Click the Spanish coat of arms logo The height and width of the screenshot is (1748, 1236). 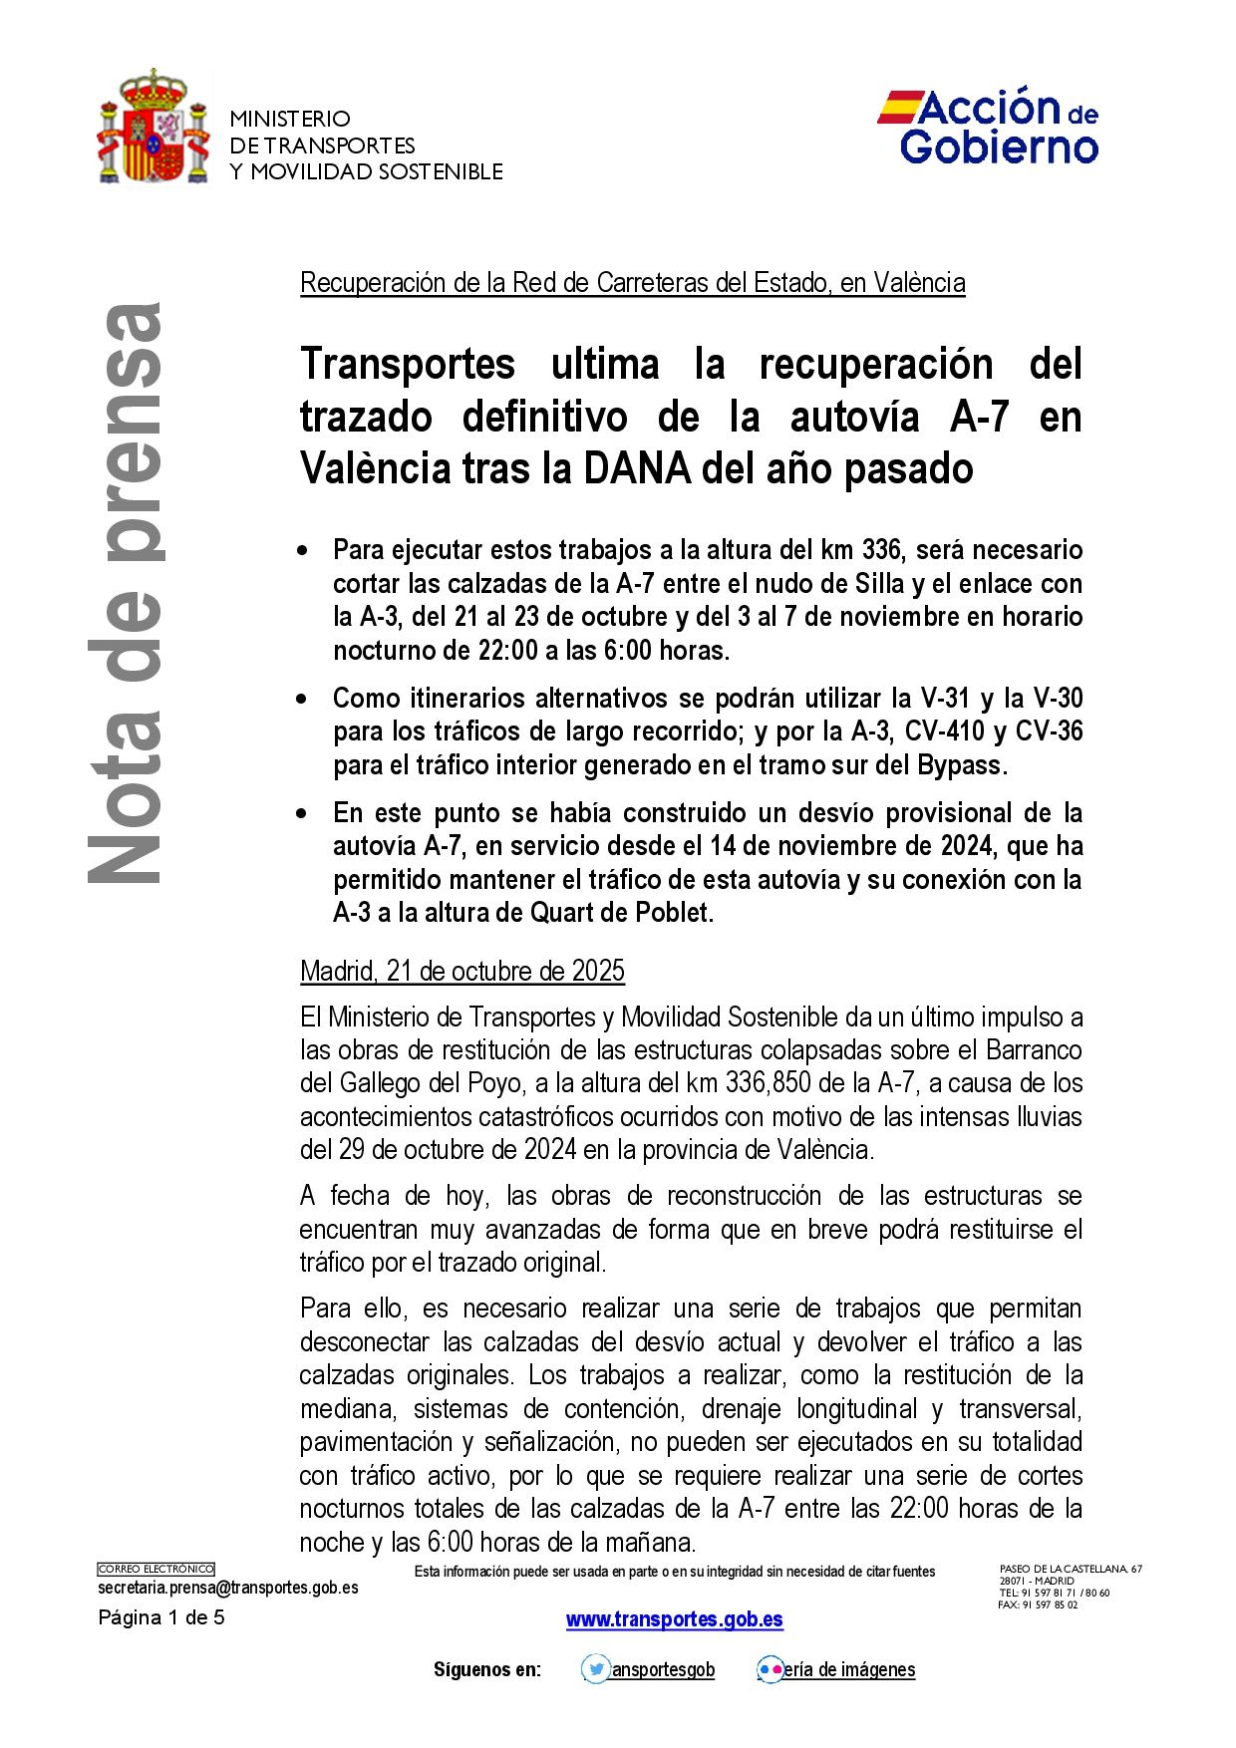(154, 128)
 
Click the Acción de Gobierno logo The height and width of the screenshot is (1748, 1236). (988, 127)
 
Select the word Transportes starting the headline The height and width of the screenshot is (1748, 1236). (408, 364)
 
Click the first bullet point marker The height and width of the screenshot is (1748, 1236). (303, 551)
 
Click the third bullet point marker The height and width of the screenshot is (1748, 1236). (303, 814)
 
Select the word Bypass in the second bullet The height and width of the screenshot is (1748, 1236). (961, 765)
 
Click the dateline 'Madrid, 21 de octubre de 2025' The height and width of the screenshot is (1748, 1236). (463, 971)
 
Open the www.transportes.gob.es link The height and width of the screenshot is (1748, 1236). (675, 1619)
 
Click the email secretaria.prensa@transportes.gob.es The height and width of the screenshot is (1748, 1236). (228, 1588)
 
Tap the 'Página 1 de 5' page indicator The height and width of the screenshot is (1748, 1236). (161, 1617)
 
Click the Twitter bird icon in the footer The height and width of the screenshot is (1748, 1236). (596, 1669)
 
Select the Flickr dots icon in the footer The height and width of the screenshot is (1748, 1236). (770, 1669)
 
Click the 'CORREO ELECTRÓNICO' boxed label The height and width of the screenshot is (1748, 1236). (155, 1569)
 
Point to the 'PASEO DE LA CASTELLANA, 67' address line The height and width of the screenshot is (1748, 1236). (1071, 1569)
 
